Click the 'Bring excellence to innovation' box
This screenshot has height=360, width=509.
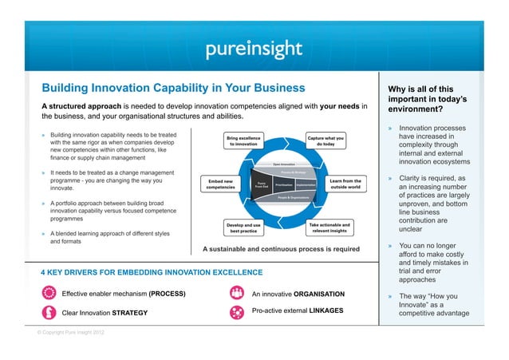point(243,140)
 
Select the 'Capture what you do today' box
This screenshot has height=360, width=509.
point(326,140)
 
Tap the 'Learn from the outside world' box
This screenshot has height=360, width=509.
point(345,184)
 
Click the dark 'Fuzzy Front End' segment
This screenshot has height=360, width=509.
point(261,184)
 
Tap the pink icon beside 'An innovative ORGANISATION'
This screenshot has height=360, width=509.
point(236,293)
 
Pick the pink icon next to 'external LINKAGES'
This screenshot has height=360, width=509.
point(236,311)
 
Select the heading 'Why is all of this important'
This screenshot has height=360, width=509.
point(432,99)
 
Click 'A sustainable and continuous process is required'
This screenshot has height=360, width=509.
point(281,249)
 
